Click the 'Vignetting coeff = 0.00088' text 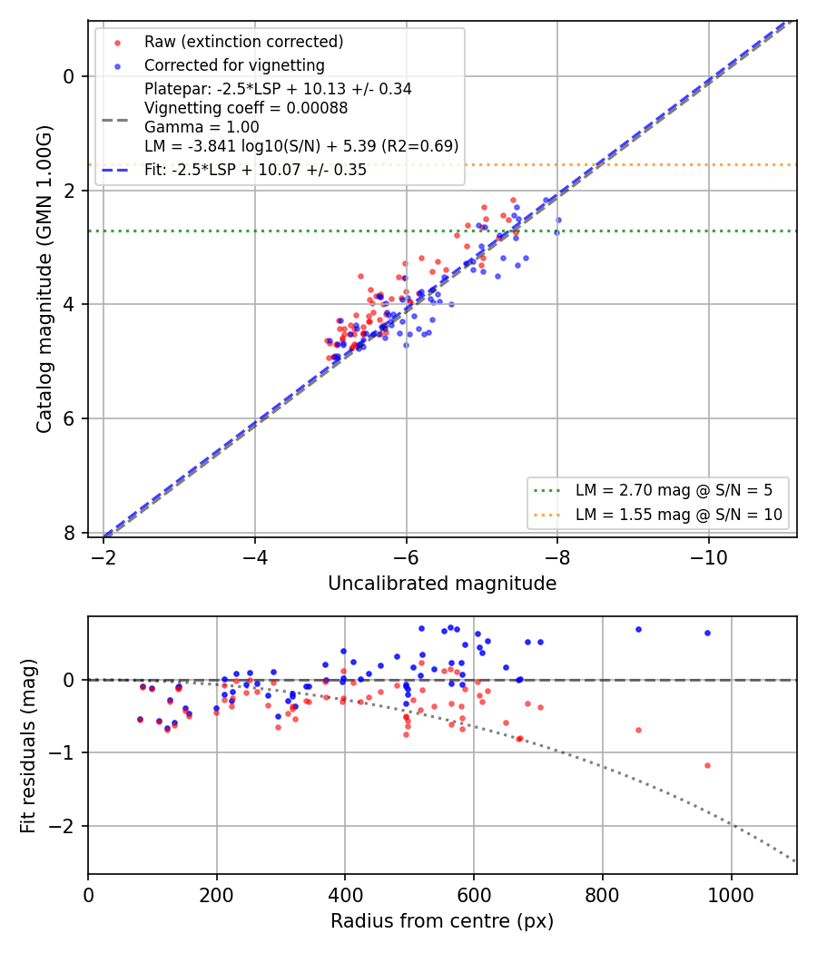point(246,108)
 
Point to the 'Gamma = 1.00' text point(202,127)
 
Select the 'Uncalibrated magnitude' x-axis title point(442,584)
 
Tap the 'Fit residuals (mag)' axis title point(28,746)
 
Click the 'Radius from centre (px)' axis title point(442,921)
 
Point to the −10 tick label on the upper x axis point(708,557)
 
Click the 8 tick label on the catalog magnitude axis point(69,533)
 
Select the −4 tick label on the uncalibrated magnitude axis point(254,557)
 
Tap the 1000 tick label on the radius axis point(732,895)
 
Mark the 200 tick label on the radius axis point(216,895)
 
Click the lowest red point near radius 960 point(707,766)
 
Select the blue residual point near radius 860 point(638,630)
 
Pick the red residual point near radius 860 point(638,731)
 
